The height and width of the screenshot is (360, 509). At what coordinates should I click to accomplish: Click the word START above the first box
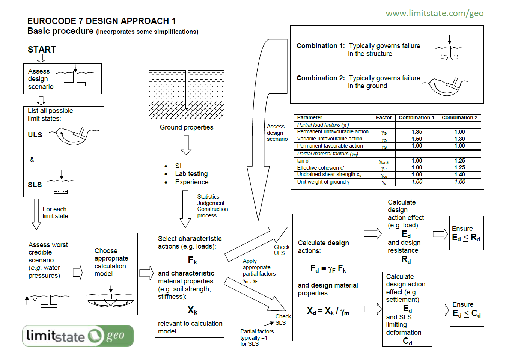(x=42, y=50)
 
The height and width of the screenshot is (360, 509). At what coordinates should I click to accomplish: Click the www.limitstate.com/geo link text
(x=434, y=14)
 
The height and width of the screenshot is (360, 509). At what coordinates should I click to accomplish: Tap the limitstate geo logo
(x=78, y=336)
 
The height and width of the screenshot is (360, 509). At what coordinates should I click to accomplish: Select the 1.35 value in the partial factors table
(x=417, y=132)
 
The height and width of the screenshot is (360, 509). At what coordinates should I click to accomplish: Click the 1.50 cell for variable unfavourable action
(x=417, y=139)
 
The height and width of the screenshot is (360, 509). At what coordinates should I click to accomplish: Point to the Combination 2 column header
(x=459, y=117)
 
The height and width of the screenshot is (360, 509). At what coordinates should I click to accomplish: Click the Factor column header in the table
(x=384, y=117)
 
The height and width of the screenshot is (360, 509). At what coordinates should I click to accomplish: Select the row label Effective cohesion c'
(x=321, y=168)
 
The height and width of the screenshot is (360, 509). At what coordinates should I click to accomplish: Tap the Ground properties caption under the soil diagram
(x=186, y=127)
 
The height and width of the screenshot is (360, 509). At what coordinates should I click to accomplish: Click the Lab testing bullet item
(x=191, y=174)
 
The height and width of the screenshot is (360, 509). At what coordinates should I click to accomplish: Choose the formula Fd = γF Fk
(x=328, y=269)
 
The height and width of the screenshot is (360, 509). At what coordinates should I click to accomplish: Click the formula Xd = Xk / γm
(x=328, y=311)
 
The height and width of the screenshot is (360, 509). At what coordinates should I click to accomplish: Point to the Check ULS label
(x=282, y=250)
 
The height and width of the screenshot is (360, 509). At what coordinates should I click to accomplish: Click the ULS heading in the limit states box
(x=35, y=135)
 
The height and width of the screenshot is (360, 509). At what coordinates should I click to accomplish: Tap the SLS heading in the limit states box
(x=35, y=185)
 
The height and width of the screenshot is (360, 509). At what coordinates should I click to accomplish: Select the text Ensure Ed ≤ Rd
(x=466, y=233)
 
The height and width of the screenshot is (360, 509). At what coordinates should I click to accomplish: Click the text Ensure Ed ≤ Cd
(x=466, y=309)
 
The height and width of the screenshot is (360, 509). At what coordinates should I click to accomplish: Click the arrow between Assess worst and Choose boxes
(x=78, y=273)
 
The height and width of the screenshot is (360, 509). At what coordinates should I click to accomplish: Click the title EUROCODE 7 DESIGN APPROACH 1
(x=101, y=21)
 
